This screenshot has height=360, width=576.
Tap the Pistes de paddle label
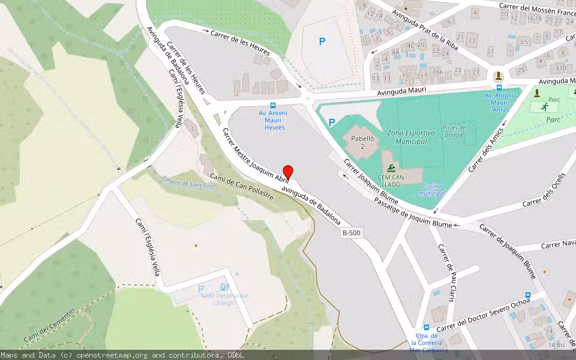pyautogui.click(x=454, y=131)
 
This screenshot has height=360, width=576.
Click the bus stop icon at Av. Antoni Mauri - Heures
pyautogui.click(x=272, y=104)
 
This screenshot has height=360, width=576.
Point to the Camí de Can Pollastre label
pyautogui.click(x=242, y=186)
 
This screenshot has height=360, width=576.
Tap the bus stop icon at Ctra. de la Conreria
pyautogui.click(x=426, y=328)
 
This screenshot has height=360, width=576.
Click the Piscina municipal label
pyautogui.click(x=432, y=190)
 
